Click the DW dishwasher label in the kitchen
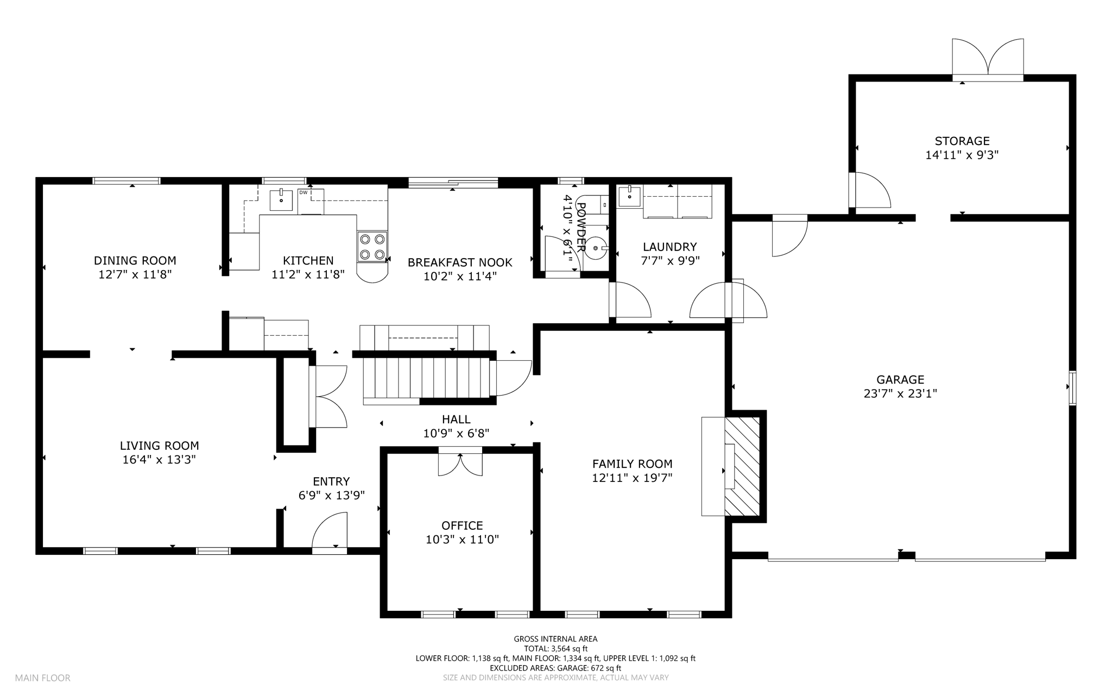pos(303,192)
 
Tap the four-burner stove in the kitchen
pos(372,247)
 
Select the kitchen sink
pos(281,199)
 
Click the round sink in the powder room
pos(596,248)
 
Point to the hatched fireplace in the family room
pos(742,466)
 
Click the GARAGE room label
pos(900,380)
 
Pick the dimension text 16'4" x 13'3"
pos(159,460)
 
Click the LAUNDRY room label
pos(669,247)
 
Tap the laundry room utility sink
pos(629,196)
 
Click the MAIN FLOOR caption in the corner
pos(43,678)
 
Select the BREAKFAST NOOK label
pos(460,262)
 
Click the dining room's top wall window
pos(127,181)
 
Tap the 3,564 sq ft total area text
pos(570,649)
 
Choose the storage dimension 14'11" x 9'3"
pos(962,155)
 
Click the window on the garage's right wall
pos(1072,387)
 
